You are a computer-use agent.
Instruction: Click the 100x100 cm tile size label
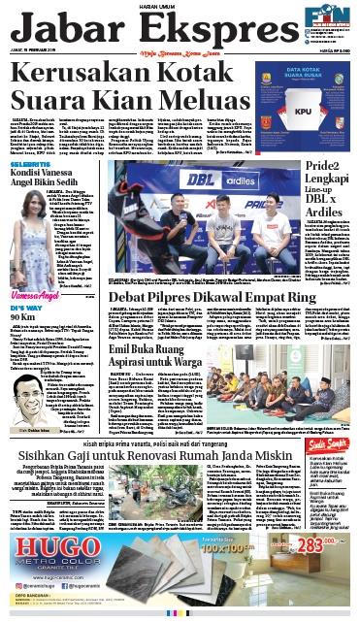coord(234,566)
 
